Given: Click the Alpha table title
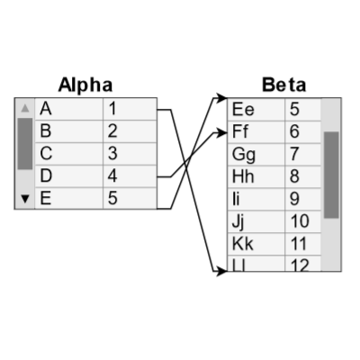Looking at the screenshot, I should pos(85,85).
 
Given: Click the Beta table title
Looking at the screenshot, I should pos(283,85).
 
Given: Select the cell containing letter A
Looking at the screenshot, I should pos(68,108).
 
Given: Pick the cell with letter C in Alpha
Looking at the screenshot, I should pos(68,153).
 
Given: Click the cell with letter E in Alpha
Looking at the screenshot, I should pos(68,198).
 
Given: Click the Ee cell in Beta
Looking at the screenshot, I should pos(256,109).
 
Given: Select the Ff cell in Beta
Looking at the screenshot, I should pos(256,131).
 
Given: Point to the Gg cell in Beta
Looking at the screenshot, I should pos(256,154).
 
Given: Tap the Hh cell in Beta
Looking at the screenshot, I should pos(256,176).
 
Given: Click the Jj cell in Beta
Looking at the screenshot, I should pos(256,221).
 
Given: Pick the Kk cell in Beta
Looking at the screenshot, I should pos(256,244).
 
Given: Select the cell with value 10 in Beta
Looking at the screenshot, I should pos(302,221).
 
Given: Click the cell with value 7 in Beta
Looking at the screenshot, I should pos(302,154).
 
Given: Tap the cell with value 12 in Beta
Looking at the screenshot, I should pos(302,265).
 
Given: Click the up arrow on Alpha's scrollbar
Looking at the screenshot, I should pos(25,108).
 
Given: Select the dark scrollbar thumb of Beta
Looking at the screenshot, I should pos(331,175).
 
